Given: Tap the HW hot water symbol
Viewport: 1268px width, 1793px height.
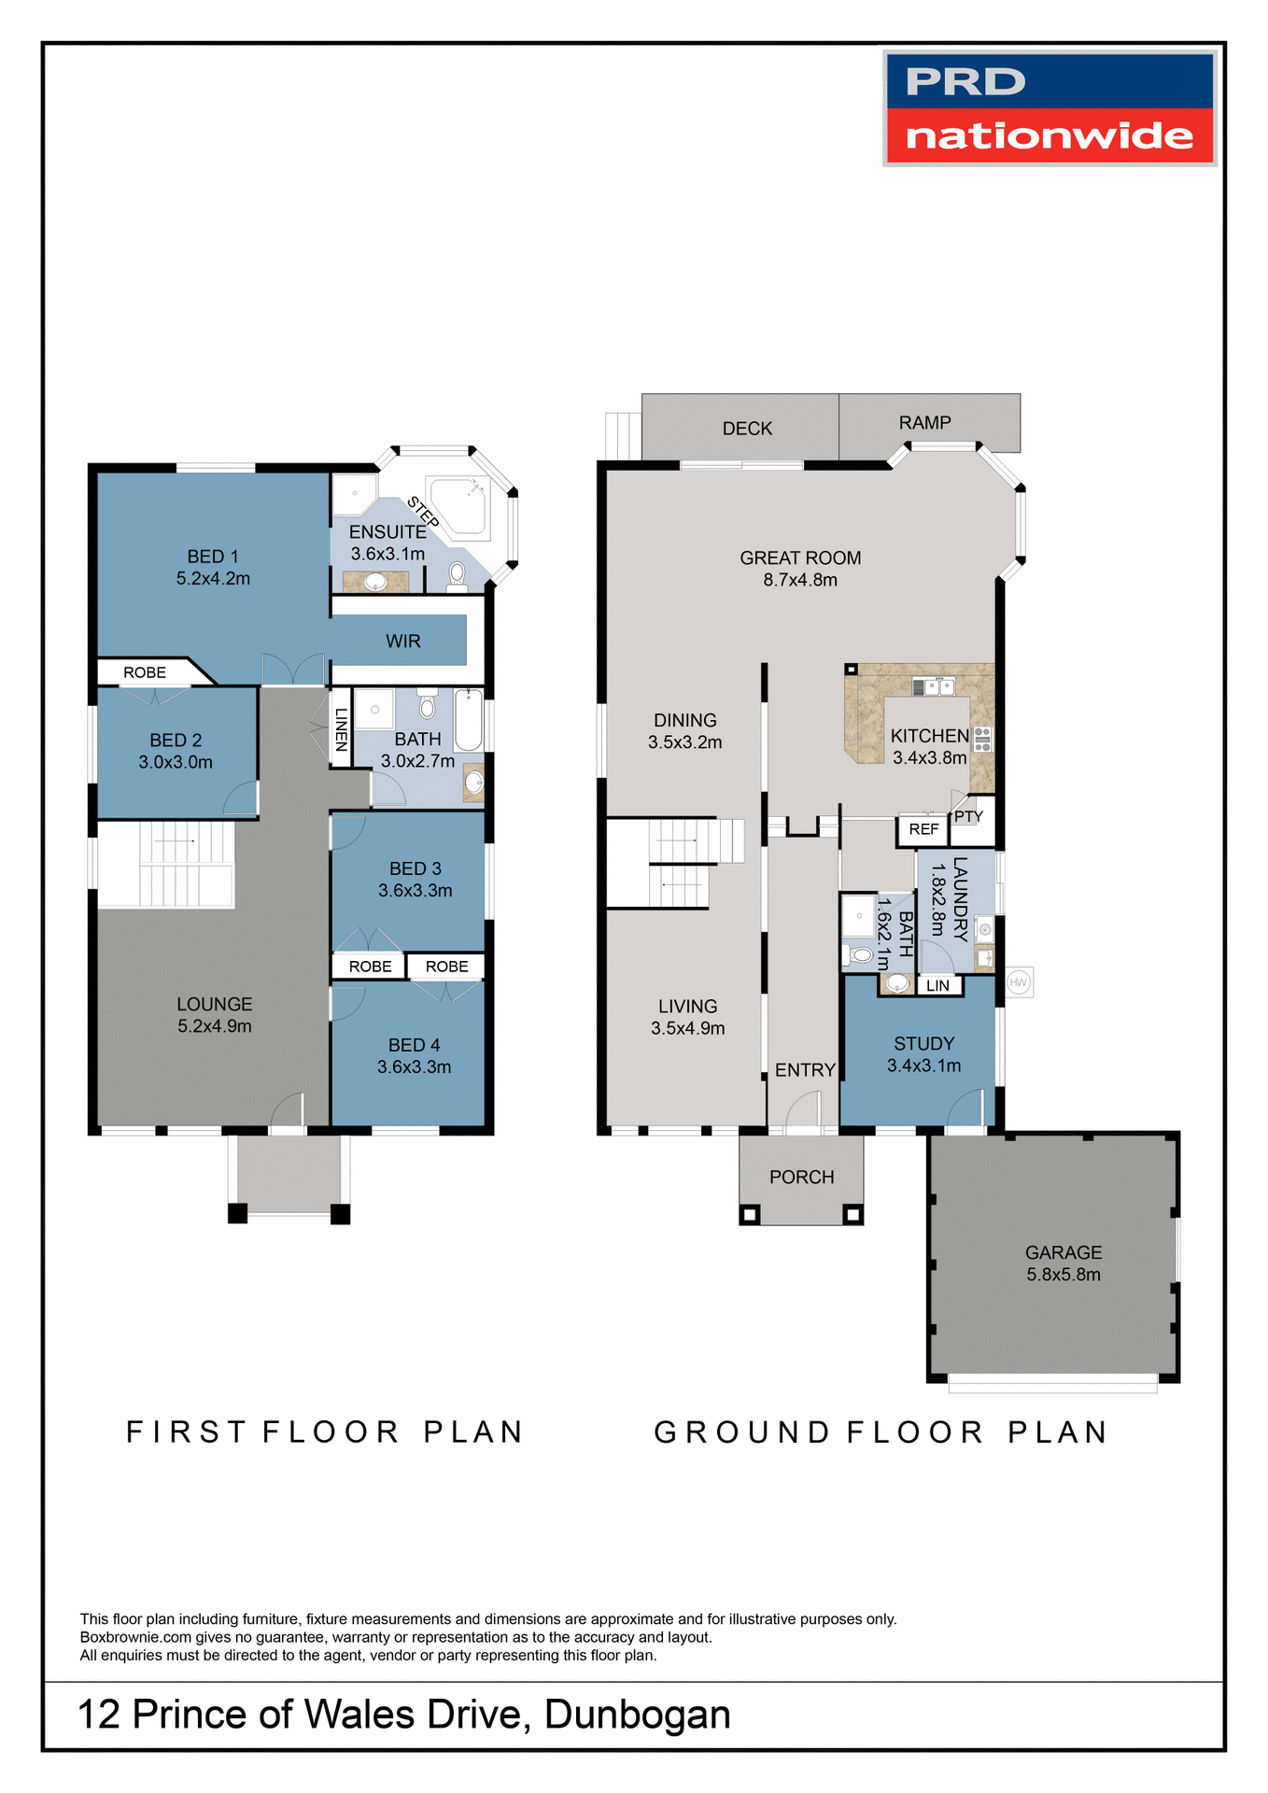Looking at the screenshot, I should [1019, 982].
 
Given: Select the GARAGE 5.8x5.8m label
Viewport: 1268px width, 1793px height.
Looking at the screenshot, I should [1064, 1264].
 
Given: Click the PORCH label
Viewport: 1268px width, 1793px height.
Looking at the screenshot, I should [801, 1178].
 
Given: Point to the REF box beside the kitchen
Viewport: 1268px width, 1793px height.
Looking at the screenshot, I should [923, 829].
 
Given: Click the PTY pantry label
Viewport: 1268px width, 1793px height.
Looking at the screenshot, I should [968, 816].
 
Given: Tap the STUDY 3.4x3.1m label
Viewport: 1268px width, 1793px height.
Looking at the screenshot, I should [923, 1054].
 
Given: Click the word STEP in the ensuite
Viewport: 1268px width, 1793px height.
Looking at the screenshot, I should [423, 513].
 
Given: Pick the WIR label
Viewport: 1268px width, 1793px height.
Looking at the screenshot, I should [403, 642].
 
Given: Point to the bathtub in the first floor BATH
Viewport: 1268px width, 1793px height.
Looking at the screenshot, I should [469, 720].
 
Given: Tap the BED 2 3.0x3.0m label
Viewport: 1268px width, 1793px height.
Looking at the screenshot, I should [176, 751].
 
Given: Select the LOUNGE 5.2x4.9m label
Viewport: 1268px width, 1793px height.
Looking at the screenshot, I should [214, 1015].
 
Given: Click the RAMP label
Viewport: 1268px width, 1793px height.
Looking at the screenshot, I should [924, 423].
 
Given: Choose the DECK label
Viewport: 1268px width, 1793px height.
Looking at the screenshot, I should [747, 429].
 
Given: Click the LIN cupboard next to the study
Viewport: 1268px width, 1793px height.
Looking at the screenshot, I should [937, 986].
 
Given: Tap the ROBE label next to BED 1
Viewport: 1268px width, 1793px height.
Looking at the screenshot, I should [145, 672].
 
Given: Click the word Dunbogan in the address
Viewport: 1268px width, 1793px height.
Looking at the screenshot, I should [637, 1715].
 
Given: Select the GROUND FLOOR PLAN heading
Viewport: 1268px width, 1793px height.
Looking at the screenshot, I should [881, 1433].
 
